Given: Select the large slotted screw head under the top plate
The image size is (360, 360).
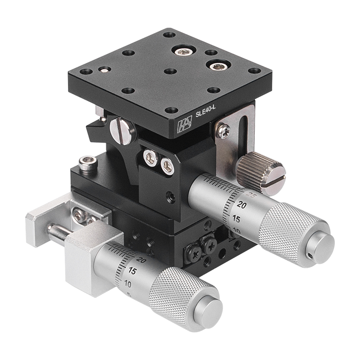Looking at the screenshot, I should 122,130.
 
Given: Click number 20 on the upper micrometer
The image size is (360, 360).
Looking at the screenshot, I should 242,206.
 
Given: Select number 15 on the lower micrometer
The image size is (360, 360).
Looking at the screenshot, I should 131,271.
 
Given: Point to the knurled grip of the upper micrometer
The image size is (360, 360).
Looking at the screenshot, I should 288,229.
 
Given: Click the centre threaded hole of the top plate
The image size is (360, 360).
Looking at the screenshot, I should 170,71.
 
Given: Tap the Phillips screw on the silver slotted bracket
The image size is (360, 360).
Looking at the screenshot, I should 223,131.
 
